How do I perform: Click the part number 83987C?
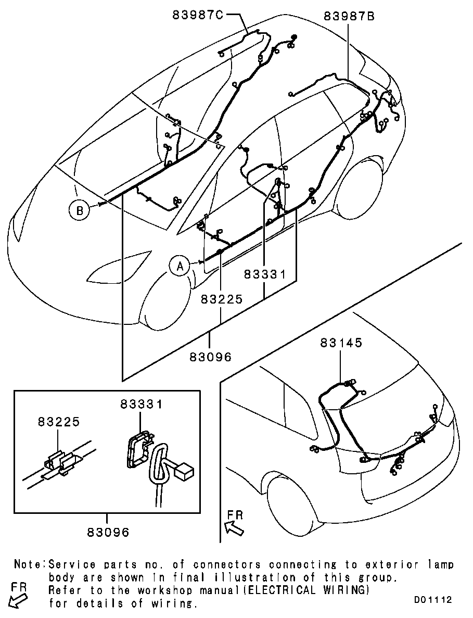pyautogui.click(x=197, y=15)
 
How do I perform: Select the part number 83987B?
pyautogui.click(x=349, y=16)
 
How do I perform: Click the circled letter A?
pyautogui.click(x=180, y=267)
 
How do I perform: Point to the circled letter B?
pyautogui.click(x=80, y=210)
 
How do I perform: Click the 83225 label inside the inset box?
pyautogui.click(x=59, y=422)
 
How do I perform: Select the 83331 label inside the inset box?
pyautogui.click(x=142, y=403)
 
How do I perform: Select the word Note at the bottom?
pyautogui.click(x=29, y=565)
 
